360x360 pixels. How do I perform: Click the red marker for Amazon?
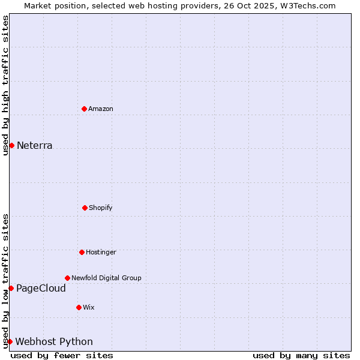point(85,109)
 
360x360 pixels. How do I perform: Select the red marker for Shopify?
point(85,208)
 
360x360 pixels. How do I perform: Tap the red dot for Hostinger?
point(82,252)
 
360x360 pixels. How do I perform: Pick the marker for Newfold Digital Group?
point(67,278)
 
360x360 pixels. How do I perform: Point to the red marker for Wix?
point(79,307)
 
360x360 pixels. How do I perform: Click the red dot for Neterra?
point(11,145)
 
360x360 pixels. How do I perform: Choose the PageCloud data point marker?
point(11,288)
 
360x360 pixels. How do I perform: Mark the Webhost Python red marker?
point(10,341)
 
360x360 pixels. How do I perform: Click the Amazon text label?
point(101,109)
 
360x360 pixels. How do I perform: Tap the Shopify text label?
point(101,208)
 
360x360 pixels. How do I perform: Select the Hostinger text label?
point(101,253)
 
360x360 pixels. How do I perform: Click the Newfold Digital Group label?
point(106,278)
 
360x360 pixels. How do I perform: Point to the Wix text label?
point(89,308)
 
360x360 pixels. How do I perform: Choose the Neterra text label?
point(35,146)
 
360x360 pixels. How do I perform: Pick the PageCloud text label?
point(41,289)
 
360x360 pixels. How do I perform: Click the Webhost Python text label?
point(54,342)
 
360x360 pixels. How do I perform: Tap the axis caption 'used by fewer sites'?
point(62,355)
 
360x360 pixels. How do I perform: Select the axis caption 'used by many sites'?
point(301,355)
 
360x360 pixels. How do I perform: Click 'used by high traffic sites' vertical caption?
point(5,85)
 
